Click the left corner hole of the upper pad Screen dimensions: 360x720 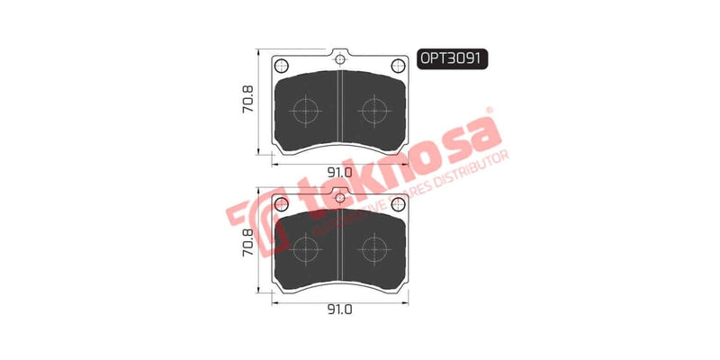281,65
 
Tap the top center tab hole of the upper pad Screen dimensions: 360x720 339,59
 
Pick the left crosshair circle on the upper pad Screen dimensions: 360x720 306,111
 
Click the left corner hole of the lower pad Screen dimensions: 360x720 281,202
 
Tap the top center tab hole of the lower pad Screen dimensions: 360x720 339,196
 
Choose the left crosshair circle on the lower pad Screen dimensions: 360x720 306,247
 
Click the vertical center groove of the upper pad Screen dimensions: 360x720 339,108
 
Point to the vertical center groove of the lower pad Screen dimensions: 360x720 339,245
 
